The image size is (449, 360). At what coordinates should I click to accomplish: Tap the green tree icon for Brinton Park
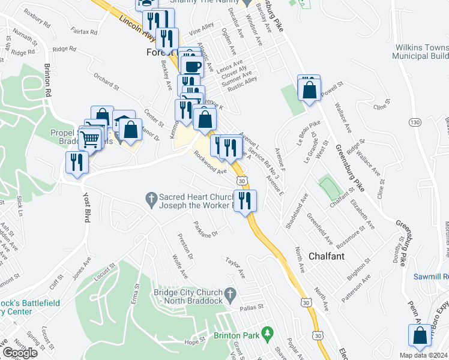(x=268, y=331)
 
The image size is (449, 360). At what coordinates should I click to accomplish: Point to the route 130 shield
(x=414, y=122)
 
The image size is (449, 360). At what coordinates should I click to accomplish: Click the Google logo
(x=20, y=353)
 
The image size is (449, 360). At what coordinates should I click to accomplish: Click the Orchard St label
(x=106, y=82)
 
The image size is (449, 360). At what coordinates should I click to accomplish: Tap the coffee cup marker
(x=193, y=65)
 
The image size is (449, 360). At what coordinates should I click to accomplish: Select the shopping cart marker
(x=90, y=139)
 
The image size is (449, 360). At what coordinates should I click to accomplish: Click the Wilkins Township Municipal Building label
(x=420, y=52)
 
